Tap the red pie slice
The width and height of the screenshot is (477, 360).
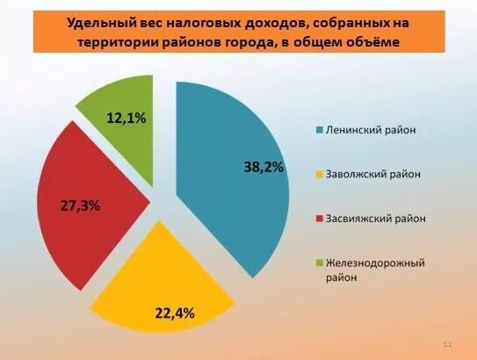tap(88, 201)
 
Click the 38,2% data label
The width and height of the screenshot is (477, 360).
tap(264, 167)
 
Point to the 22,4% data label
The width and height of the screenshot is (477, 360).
tap(175, 313)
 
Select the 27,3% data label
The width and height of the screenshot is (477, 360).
tap(80, 205)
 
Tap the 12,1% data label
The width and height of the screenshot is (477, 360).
tap(126, 119)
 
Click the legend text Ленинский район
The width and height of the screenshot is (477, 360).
tap(371, 130)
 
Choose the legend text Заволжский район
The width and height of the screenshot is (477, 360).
tap(373, 174)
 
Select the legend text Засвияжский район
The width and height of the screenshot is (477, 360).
tap(375, 219)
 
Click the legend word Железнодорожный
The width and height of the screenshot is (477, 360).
tap(375, 263)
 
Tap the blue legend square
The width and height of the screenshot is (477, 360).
tap(319, 130)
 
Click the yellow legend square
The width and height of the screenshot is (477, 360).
tap(319, 175)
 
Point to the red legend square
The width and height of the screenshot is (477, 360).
tap(319, 219)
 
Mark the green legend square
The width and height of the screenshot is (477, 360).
tap(319, 263)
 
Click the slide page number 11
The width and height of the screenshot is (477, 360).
tap(448, 344)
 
